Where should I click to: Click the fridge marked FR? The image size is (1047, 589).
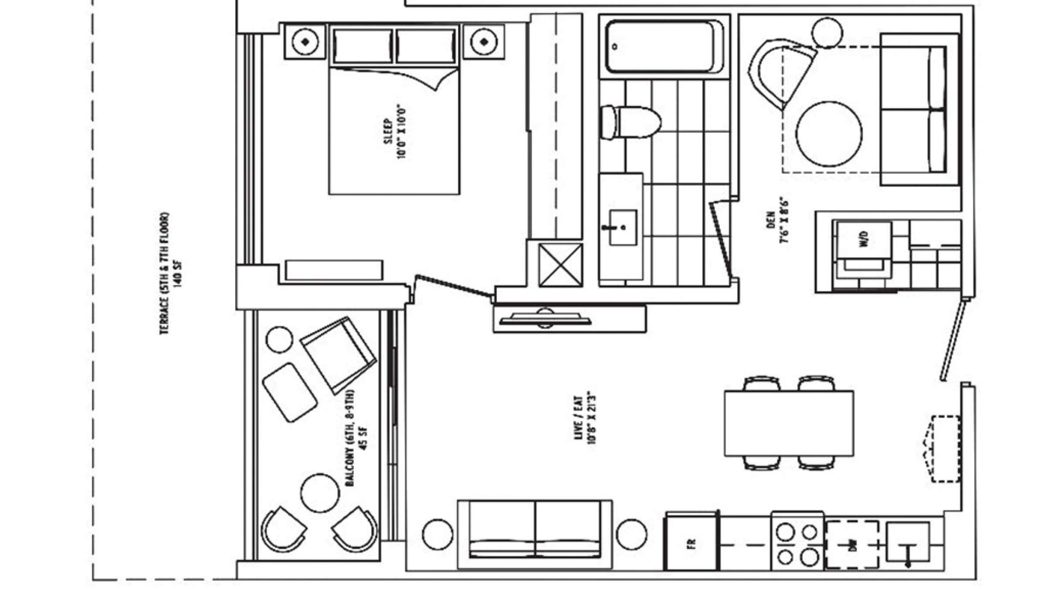click(x=691, y=543)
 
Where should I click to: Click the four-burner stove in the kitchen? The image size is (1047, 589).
click(x=797, y=544)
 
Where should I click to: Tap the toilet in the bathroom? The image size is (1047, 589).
click(x=630, y=123)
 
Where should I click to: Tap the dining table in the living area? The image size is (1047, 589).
click(x=789, y=423)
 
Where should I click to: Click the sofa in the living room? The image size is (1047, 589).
click(x=535, y=534)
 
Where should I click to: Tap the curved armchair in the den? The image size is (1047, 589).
click(x=781, y=72)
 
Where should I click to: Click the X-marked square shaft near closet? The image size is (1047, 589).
click(x=561, y=265)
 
